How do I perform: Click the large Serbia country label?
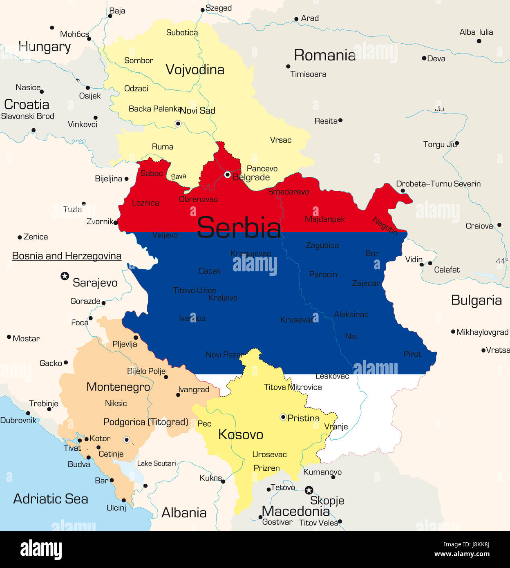pos(239,228)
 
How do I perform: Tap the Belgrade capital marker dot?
pos(228,175)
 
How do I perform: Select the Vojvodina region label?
pos(195,69)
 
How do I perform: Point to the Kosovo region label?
pos(241,434)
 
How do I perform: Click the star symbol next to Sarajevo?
pos(65,276)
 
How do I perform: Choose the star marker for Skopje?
pos(309,490)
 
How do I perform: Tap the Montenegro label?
pos(118,387)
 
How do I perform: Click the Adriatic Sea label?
pos(51,499)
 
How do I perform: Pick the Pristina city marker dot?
pos(283,417)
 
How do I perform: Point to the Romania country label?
pos(325,55)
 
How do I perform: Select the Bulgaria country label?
pos(476,300)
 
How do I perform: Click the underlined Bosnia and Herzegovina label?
pos(67,256)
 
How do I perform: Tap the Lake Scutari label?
pos(157,463)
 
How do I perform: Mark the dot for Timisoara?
pos(288,66)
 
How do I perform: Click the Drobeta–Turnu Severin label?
pos(438,184)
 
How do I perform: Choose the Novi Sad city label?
pos(198,110)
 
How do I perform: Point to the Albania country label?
pos(184,512)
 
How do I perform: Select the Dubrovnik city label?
pos(18,420)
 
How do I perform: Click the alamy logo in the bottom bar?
pos(41,550)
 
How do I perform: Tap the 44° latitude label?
pos(502,261)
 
